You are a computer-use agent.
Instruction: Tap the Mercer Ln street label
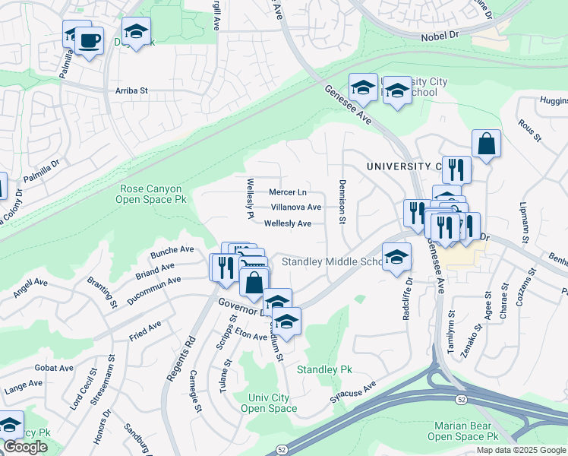(x=288, y=192)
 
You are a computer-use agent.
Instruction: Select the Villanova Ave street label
(x=296, y=207)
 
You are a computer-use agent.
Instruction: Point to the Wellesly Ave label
(x=288, y=223)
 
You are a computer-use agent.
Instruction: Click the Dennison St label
(x=342, y=202)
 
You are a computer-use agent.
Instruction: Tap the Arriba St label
(x=131, y=90)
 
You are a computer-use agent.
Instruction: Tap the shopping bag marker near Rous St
(x=486, y=144)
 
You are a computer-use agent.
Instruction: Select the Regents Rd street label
(x=175, y=357)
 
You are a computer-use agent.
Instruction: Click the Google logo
(x=26, y=448)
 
